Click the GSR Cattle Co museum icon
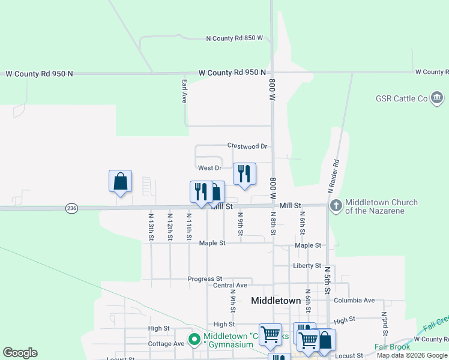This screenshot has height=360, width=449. [436, 98]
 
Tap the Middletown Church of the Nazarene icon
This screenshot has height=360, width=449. [336, 206]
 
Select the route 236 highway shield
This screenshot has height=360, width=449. [71, 208]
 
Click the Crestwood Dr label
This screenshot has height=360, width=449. [247, 146]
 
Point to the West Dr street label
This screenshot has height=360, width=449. [209, 168]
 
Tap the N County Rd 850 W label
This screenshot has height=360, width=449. [235, 38]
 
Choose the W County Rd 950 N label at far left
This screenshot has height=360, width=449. [39, 74]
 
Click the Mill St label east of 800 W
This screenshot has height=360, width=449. [289, 205]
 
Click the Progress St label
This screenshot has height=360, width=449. [205, 279]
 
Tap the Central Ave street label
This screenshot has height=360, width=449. [230, 286]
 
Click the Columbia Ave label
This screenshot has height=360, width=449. [354, 300]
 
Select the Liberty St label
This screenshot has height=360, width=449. [307, 266]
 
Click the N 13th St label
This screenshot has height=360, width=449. [151, 227]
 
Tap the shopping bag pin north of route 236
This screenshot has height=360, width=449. [120, 181]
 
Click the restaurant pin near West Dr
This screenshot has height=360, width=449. [244, 173]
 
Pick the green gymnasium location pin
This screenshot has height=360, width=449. [194, 340]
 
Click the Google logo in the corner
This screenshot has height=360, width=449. [20, 353]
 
